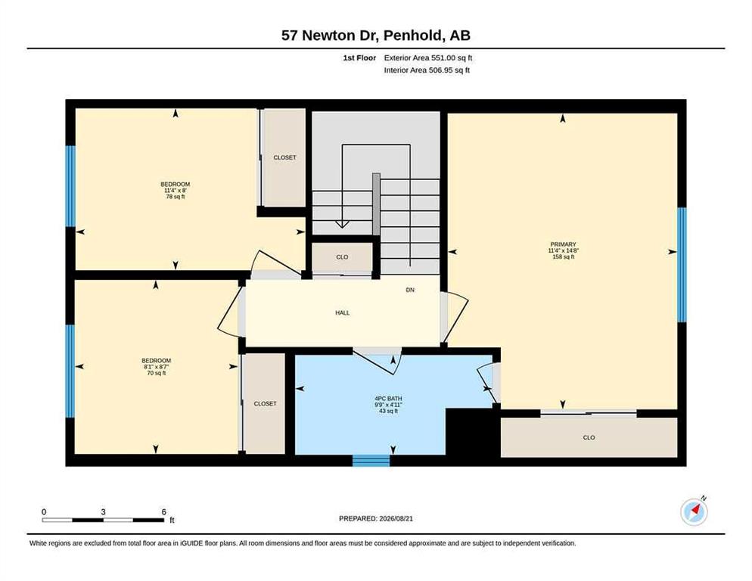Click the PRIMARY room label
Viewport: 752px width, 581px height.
563,244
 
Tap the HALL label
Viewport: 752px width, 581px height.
343,312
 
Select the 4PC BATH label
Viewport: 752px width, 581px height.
388,398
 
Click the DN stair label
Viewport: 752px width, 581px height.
410,290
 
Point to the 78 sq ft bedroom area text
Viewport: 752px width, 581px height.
176,197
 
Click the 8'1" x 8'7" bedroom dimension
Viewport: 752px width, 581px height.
157,367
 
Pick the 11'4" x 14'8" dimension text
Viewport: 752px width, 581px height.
563,250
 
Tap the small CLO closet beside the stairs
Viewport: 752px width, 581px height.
343,257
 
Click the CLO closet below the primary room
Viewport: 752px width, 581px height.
589,437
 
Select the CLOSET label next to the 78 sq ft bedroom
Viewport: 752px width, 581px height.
285,157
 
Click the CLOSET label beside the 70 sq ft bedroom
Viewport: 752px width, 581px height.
266,404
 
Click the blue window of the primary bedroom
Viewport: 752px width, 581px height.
682,264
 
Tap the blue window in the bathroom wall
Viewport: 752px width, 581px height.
371,461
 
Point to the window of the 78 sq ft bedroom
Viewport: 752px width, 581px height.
70,186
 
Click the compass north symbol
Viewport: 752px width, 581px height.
695,511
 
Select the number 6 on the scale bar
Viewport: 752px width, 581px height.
163,512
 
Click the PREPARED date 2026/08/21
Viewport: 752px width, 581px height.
396,519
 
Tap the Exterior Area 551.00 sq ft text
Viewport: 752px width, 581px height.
428,57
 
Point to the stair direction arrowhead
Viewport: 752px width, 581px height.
342,224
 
